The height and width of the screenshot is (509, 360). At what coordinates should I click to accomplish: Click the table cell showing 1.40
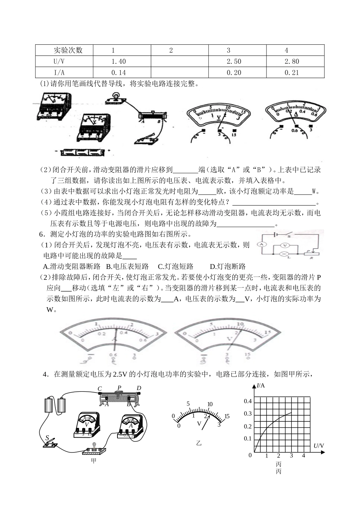pyautogui.click(x=119, y=61)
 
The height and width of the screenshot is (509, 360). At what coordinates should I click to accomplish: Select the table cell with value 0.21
pyautogui.click(x=292, y=73)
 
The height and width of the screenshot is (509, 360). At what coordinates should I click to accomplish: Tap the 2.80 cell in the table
pyautogui.click(x=292, y=61)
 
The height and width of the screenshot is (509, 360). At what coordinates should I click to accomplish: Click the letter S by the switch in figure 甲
pyautogui.click(x=47, y=438)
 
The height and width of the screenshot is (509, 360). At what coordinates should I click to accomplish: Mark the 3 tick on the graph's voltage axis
pyautogui.click(x=291, y=456)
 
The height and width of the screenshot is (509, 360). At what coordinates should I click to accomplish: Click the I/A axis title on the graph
pyautogui.click(x=261, y=386)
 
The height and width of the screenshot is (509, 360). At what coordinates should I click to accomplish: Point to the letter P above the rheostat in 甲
pyautogui.click(x=119, y=388)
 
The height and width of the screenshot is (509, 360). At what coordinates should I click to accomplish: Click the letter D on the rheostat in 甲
pyautogui.click(x=139, y=388)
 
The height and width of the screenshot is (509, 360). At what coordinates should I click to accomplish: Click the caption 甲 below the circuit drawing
pyautogui.click(x=94, y=461)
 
